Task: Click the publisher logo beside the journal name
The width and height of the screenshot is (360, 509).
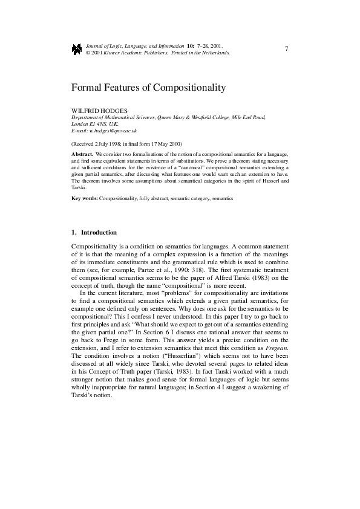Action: point(76,48)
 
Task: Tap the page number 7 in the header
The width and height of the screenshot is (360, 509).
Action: point(286,48)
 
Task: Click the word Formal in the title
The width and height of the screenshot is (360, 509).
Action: point(87,88)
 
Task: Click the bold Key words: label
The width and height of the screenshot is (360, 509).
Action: point(85,198)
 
